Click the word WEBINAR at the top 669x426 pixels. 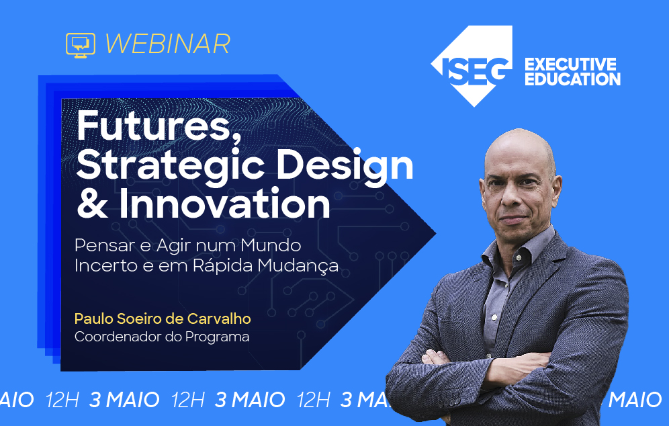[x=167, y=44]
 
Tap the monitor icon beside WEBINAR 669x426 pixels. [x=81, y=44]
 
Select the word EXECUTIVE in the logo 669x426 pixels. [x=570, y=65]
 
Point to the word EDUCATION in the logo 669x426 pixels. [x=572, y=79]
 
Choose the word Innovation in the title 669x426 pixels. [x=225, y=204]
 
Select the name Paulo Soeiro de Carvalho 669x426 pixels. [x=162, y=318]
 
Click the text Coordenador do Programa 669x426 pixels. [x=162, y=336]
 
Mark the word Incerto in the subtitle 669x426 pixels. [x=101, y=265]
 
